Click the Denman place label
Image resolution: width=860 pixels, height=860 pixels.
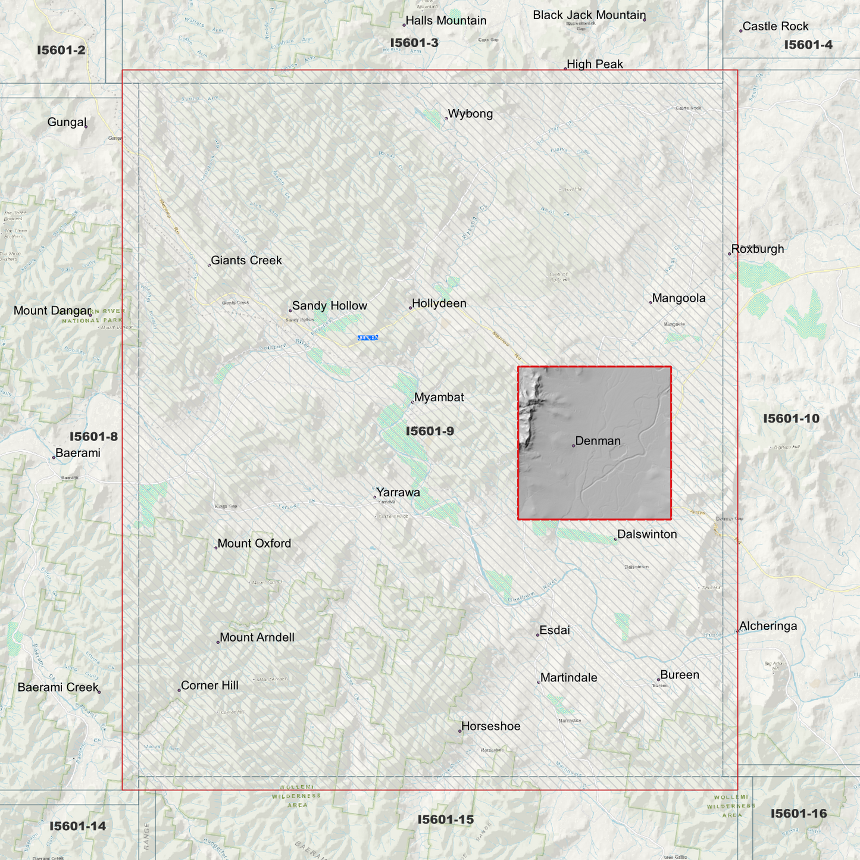(x=598, y=441)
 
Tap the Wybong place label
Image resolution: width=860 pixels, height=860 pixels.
(x=470, y=114)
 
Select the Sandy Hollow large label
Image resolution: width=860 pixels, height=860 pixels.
(x=329, y=306)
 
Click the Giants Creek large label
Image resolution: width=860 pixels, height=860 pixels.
(x=246, y=261)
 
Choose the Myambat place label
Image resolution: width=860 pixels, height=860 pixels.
(x=439, y=398)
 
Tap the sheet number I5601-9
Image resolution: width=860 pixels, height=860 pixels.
(x=430, y=431)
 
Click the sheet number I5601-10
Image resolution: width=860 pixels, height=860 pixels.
(x=791, y=418)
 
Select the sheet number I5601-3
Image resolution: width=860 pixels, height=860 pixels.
(x=414, y=43)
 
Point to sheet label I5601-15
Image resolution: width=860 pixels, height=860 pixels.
(x=445, y=820)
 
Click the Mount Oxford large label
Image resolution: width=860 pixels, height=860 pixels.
(x=254, y=543)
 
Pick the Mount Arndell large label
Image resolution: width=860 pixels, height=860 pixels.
(x=257, y=637)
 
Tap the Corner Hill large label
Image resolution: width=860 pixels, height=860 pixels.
(x=209, y=686)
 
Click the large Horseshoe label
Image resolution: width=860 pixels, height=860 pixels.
(x=490, y=727)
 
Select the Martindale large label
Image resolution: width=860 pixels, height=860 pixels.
(x=568, y=678)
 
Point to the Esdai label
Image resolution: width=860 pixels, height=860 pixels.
(x=554, y=630)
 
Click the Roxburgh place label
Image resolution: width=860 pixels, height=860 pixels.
(x=757, y=249)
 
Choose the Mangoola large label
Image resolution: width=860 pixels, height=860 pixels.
(x=678, y=298)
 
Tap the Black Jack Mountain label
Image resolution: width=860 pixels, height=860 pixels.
(x=589, y=15)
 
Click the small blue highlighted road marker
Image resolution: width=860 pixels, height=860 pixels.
(x=368, y=338)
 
